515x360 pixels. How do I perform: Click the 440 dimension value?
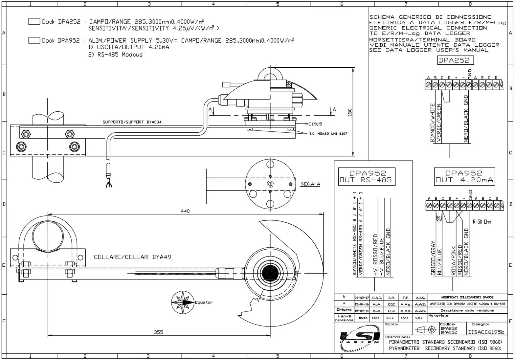click(x=185, y=211)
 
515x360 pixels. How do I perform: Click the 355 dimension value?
click(x=159, y=332)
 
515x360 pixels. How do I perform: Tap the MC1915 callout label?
click(x=313, y=124)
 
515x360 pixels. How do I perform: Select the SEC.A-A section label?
click(x=310, y=184)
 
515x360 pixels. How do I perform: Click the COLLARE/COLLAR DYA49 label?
click(x=132, y=257)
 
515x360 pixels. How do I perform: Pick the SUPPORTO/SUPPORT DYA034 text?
click(x=132, y=122)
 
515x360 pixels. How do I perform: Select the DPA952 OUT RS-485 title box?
click(x=367, y=177)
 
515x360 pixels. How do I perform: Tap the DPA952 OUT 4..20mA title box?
click(x=464, y=177)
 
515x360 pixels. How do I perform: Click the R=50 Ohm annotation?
click(x=482, y=222)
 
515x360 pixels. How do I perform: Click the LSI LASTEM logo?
click(x=359, y=338)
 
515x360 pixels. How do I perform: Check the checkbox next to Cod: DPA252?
click(x=34, y=22)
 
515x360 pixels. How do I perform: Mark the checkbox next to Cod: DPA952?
click(x=34, y=40)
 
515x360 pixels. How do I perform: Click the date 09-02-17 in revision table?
click(x=362, y=298)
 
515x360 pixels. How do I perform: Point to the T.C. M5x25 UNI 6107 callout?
click(x=328, y=134)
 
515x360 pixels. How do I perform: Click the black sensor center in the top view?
click(x=270, y=273)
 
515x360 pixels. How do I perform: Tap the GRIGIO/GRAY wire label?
click(x=433, y=258)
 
